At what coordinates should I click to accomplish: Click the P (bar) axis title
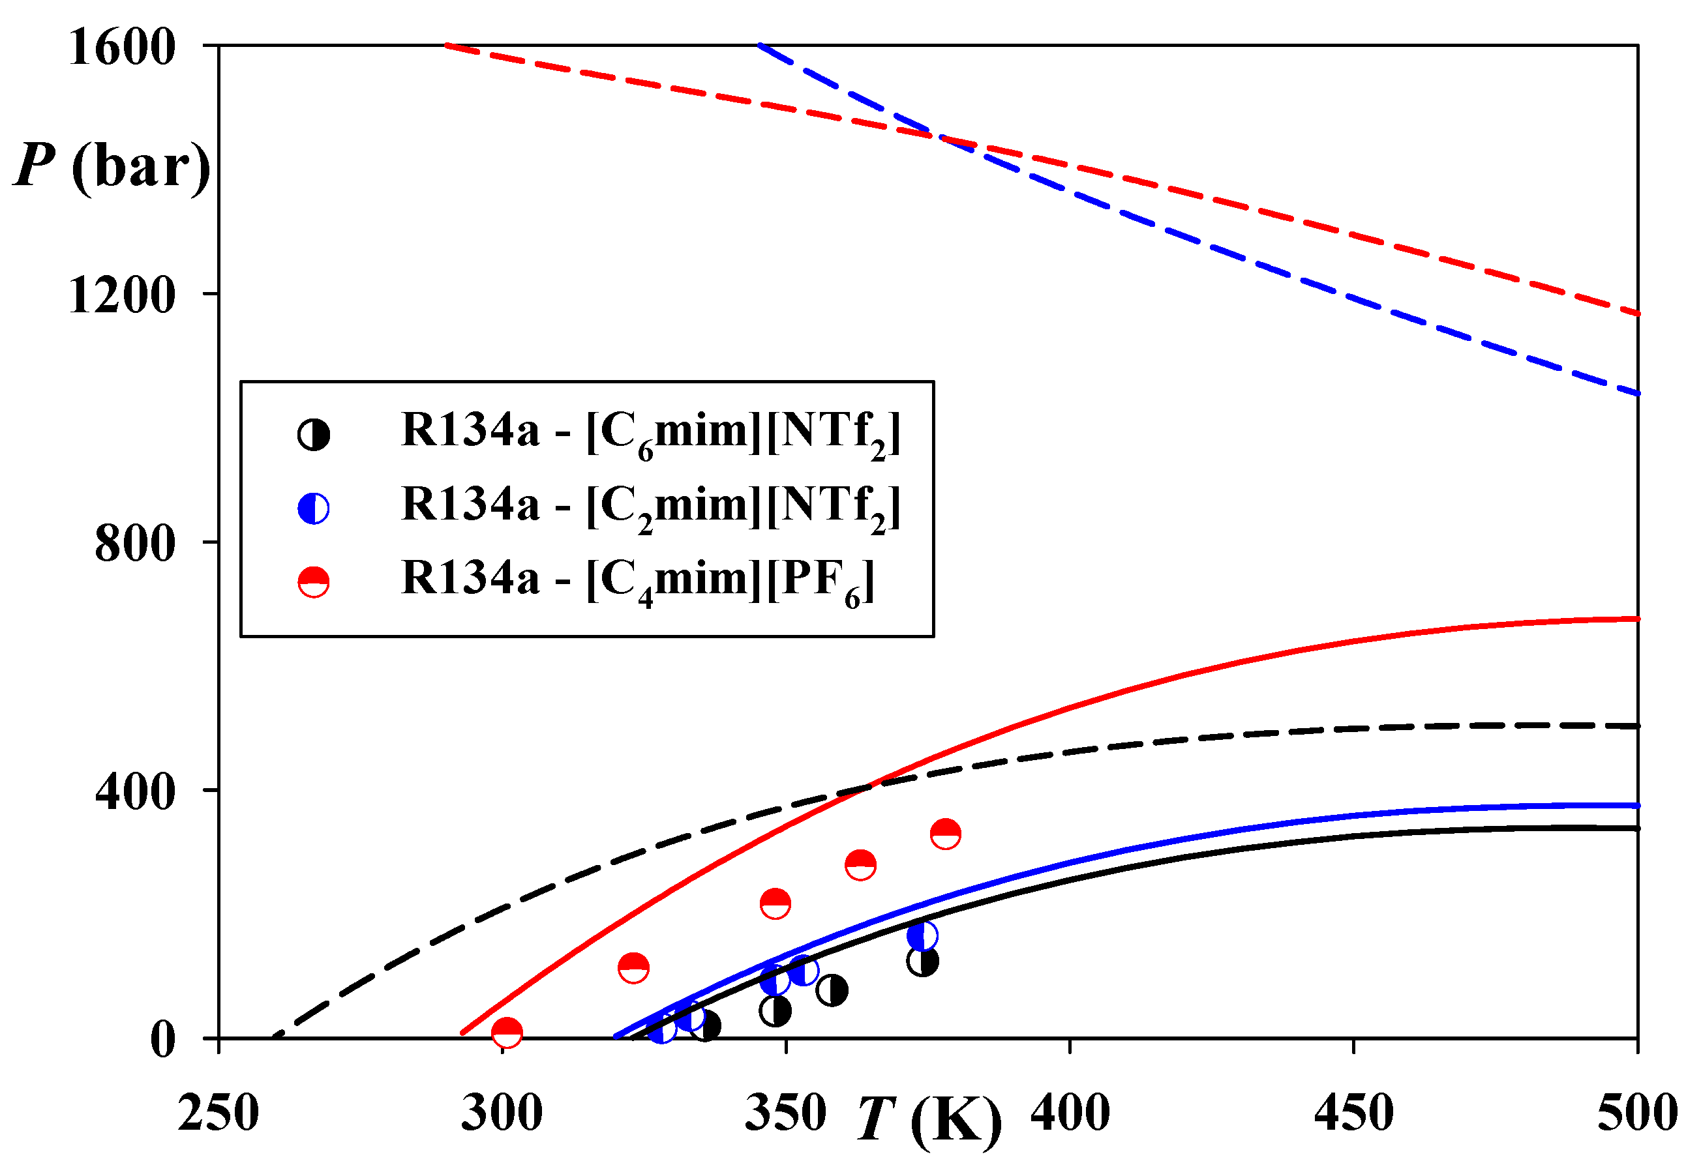[x=112, y=166]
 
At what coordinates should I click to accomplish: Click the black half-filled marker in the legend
[x=313, y=435]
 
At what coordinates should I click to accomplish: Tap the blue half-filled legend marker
[x=313, y=508]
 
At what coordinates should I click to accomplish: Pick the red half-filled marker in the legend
[x=313, y=582]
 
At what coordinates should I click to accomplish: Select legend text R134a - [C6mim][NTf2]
[x=651, y=434]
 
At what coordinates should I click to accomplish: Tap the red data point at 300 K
[x=507, y=1033]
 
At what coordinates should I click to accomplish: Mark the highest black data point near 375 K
[x=923, y=961]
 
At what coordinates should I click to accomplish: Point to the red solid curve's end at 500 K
[x=1636, y=619]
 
